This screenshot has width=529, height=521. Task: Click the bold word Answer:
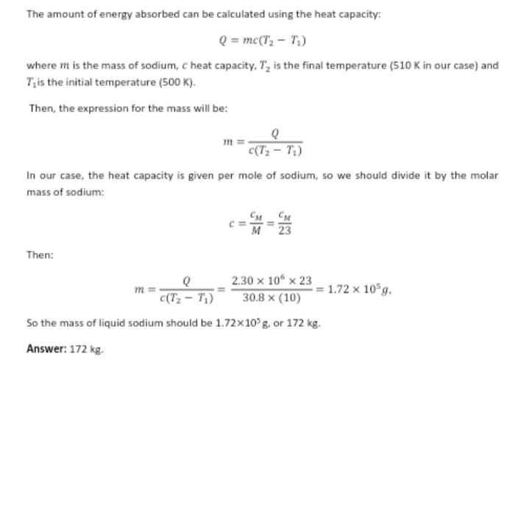[46, 350]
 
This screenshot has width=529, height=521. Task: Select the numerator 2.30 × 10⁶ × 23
[271, 280]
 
